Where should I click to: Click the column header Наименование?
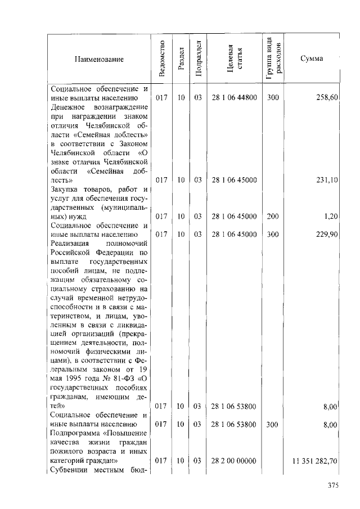[x=98, y=59]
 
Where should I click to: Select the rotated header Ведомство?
[x=162, y=58]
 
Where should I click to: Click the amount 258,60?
[x=326, y=98]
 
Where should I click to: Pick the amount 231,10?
[x=326, y=181]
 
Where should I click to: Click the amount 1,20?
[x=330, y=217]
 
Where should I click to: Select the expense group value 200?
[x=273, y=217]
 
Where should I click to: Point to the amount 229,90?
[x=326, y=235]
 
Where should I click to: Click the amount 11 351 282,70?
[x=314, y=461]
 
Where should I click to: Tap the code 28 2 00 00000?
[x=234, y=461]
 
